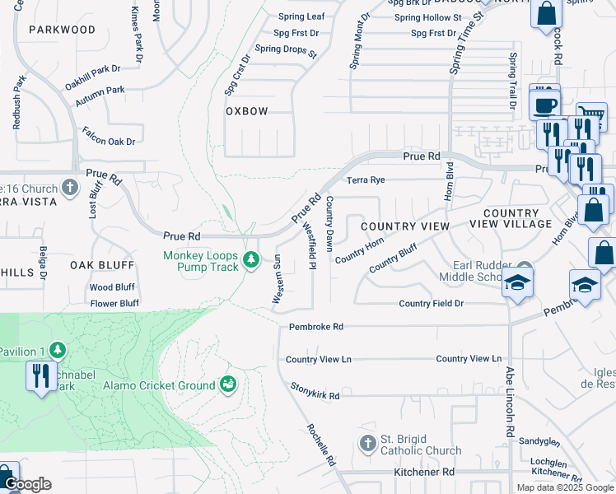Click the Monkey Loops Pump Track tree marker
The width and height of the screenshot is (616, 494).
point(253,262)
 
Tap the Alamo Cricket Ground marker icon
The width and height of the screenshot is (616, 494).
point(228,384)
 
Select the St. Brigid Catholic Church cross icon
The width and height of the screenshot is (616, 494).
point(368,444)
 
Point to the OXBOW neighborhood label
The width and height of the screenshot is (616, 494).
point(247,111)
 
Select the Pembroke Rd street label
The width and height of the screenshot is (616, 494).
point(315,327)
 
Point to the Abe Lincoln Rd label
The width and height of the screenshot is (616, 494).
point(510,401)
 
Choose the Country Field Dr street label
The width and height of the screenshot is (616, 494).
point(432,304)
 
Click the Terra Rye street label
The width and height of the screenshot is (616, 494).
point(366,179)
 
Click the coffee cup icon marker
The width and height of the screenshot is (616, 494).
point(544,105)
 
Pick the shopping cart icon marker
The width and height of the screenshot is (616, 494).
point(590,117)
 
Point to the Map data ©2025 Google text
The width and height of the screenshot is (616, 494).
point(564,487)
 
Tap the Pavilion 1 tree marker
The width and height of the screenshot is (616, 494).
point(57,352)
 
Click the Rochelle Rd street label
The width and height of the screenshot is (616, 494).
point(320,445)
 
